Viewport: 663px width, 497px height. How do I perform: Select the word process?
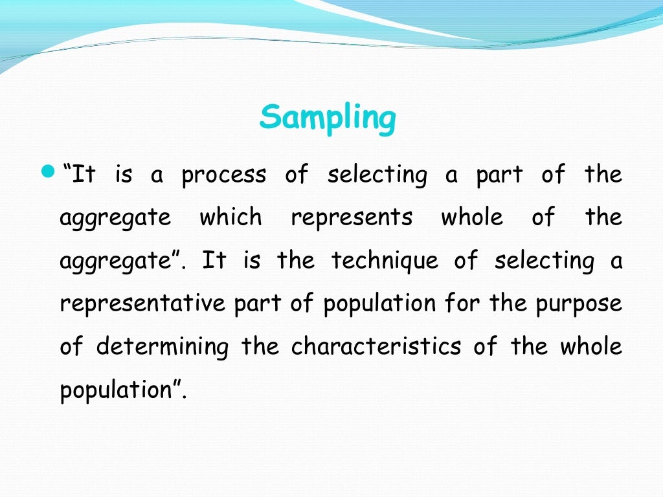(223, 175)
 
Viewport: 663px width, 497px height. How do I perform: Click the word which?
(230, 217)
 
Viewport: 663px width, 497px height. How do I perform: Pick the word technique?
(385, 261)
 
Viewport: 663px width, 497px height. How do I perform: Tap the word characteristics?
(376, 347)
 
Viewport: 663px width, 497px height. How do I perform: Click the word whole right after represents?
(472, 217)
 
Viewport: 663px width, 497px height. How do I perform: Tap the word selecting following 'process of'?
(377, 175)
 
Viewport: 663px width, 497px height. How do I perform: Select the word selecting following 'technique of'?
(544, 261)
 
